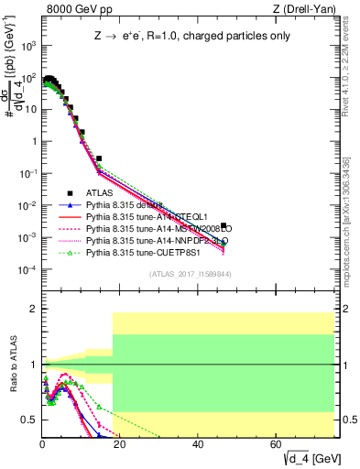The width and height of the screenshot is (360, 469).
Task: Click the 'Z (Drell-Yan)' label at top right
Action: (309, 9)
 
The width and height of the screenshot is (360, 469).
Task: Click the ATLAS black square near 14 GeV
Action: (98, 158)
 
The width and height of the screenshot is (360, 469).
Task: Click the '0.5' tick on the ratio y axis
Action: (29, 420)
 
